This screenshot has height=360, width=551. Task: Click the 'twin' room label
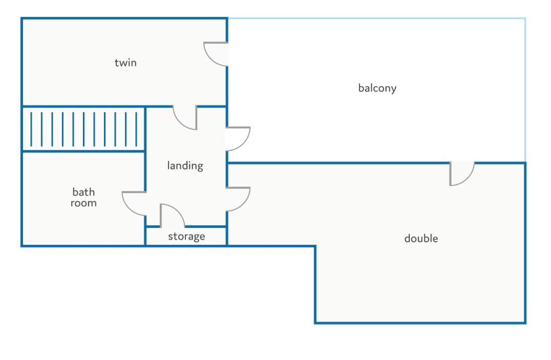[125, 62]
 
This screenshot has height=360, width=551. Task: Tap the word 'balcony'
[377, 88]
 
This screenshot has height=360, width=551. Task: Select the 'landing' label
[185, 165]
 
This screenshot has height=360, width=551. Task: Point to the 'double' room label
[421, 238]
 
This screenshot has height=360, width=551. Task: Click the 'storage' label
[186, 236]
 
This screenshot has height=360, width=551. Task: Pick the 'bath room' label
[83, 197]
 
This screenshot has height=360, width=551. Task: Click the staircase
[83, 129]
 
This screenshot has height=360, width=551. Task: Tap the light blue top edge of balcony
[377, 18]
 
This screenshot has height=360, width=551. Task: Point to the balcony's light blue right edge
[525, 90]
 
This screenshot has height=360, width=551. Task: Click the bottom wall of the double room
[420, 323]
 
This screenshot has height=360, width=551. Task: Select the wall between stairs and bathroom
[83, 152]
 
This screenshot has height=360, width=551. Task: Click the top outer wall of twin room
[124, 18]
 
